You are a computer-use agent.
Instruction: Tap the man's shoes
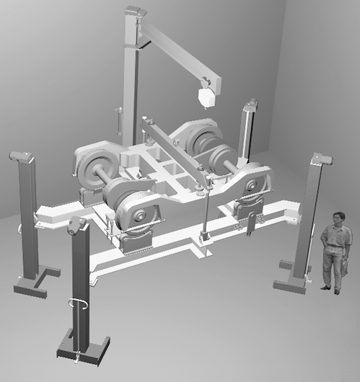pos(331,290)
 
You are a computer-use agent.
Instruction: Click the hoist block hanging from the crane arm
pos(206,95)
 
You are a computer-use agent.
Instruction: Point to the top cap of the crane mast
pos(134,14)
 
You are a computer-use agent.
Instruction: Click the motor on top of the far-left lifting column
pos(20,156)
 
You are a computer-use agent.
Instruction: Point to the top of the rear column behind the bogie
pos(250,106)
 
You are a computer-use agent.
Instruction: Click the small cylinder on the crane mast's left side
pos(119,121)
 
